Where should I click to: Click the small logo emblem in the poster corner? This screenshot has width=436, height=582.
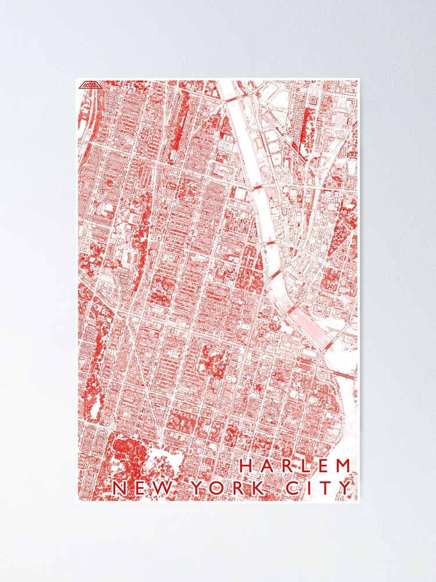point(91,84)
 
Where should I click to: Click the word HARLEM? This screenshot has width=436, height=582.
point(295,466)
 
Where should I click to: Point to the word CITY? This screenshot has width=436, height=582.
point(319,488)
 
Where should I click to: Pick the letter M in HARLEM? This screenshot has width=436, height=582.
point(344,466)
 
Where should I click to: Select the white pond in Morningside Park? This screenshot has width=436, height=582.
point(94,411)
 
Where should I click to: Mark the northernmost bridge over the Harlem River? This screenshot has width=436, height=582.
point(235,100)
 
